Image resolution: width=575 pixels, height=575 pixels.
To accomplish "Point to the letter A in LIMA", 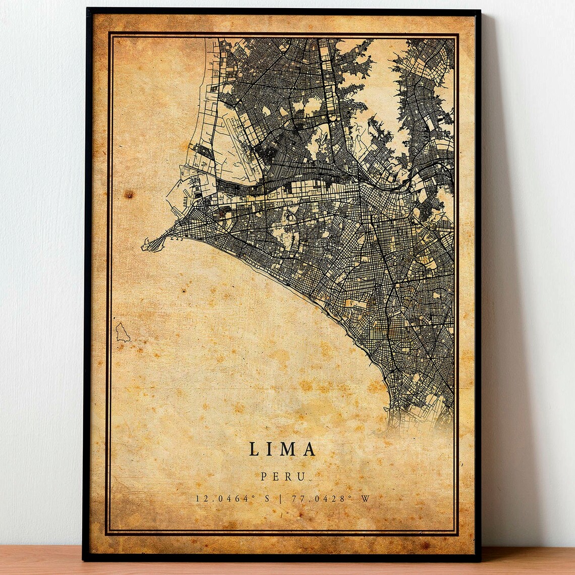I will pyautogui.click(x=309, y=449).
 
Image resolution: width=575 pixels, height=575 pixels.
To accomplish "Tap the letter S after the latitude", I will pyautogui.click(x=267, y=498).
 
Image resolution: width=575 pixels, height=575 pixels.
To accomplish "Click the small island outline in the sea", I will pyautogui.click(x=122, y=333).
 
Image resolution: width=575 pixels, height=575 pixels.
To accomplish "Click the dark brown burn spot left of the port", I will pyautogui.click(x=130, y=194).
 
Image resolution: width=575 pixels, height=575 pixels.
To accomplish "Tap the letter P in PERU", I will pyautogui.click(x=264, y=476).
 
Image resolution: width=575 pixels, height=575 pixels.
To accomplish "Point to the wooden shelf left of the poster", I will pyautogui.click(x=40, y=560).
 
